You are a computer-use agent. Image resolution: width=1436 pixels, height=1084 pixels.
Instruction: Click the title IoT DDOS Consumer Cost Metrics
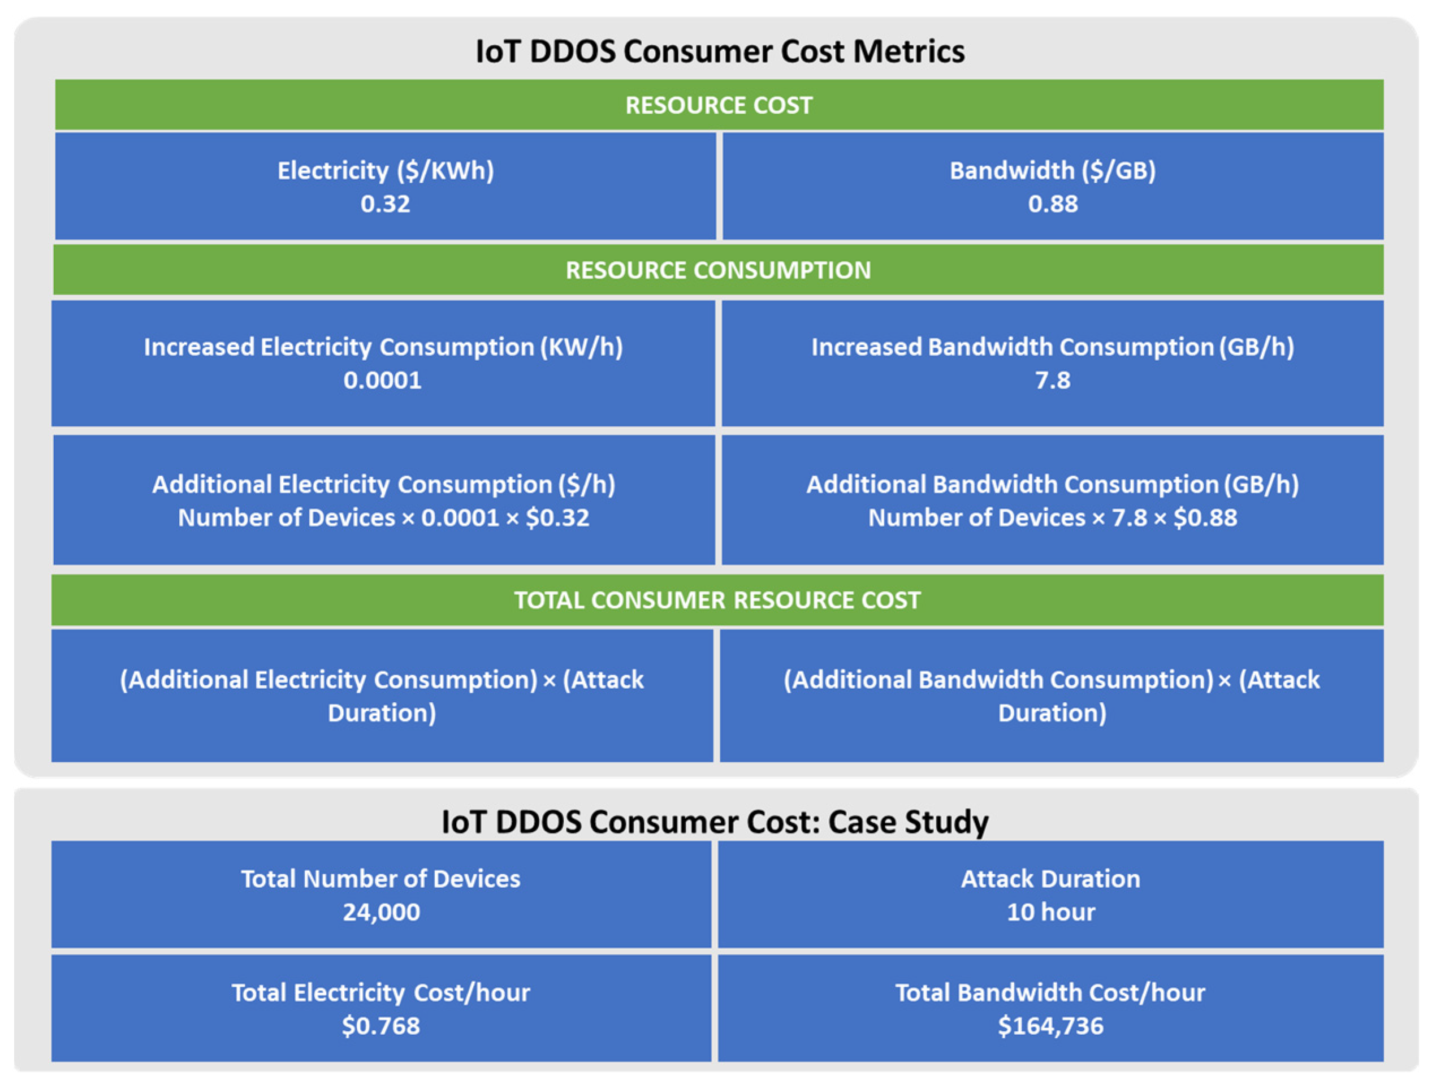coord(719,51)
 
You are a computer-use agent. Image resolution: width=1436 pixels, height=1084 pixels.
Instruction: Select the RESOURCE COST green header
coord(719,105)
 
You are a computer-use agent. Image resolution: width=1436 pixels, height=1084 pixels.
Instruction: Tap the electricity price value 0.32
coord(385,204)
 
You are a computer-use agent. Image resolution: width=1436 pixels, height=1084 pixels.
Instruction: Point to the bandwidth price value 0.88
coord(1052,204)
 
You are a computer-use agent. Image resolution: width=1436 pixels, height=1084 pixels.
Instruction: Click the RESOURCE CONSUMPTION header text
coord(718,270)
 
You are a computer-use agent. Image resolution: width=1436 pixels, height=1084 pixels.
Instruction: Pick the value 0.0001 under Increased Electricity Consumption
coord(382,380)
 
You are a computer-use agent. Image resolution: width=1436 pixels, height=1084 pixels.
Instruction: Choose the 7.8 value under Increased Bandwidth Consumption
coord(1052,380)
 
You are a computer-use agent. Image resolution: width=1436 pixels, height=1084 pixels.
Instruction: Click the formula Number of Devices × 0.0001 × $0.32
coord(384,517)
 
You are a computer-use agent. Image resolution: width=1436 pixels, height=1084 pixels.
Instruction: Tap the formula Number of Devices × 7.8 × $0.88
coord(1052,517)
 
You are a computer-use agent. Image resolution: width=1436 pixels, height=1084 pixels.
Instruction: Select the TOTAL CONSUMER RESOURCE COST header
coord(717,600)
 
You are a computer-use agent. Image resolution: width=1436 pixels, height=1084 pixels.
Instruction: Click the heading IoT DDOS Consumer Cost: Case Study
coord(715,822)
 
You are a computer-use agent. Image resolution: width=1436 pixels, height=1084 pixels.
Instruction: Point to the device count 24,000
coord(381,912)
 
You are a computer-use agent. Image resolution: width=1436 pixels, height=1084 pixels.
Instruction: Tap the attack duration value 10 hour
coord(1050,912)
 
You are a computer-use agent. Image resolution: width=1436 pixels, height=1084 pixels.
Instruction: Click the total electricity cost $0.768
coord(381,1026)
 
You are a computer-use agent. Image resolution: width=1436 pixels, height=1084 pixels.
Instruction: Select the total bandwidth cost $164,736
coord(1050,1026)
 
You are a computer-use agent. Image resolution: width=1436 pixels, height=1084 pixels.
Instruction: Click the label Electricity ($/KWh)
coord(386,171)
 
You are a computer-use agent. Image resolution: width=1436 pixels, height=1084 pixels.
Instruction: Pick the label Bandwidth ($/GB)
coord(1052,171)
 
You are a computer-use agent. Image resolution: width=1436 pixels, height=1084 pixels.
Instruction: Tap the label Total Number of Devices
coord(381,879)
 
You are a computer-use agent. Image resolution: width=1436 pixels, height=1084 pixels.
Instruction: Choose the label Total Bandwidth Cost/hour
coord(1050,992)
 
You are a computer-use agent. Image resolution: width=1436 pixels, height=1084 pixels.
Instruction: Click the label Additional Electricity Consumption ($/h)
coord(384,485)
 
